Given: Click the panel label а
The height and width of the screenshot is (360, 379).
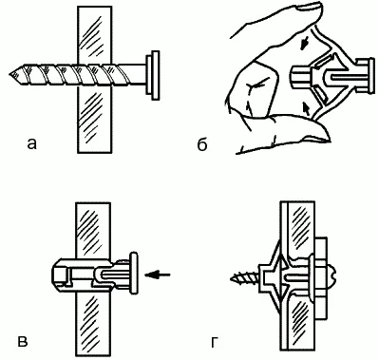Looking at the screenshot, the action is (x=32, y=143).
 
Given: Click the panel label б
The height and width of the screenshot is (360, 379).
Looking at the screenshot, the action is (x=201, y=143).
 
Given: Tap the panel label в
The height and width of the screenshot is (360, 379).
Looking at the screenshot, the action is (x=23, y=342).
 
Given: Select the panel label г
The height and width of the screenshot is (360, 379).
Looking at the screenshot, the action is (x=215, y=342).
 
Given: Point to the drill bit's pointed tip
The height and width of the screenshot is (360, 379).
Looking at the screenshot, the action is (x=10, y=75).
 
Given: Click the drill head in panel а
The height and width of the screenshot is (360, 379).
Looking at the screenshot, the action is (x=152, y=75).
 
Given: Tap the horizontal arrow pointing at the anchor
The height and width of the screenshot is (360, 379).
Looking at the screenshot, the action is (x=158, y=275).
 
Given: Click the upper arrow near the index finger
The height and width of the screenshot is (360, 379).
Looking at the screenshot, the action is (x=304, y=46).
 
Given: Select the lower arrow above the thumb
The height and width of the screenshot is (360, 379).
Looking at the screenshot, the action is (x=306, y=107).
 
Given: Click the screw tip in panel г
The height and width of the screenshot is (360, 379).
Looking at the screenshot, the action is (x=233, y=278).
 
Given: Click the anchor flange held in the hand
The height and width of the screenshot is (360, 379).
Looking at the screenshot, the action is (x=365, y=75).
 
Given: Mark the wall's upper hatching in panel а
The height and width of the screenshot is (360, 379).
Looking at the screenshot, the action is (x=92, y=35).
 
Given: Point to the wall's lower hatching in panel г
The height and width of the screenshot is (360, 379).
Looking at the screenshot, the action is (x=299, y=320).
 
